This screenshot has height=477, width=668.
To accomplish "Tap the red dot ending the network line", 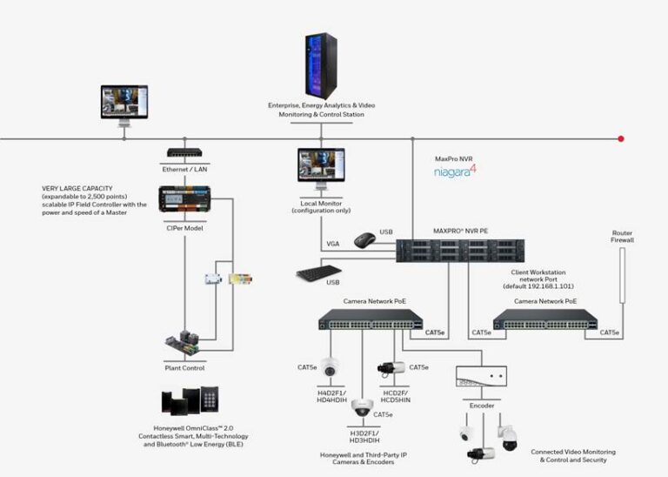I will coord(621,138).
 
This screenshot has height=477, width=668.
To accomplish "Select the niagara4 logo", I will coord(456,172).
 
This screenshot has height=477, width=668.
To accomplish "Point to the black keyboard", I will coord(318,272).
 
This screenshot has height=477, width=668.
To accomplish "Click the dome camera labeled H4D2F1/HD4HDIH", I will coord(330,368).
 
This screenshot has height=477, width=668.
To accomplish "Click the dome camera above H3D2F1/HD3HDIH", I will coord(363,406).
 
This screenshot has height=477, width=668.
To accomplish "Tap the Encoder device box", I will coord(481,375).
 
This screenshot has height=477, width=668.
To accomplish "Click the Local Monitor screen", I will coord(321,165).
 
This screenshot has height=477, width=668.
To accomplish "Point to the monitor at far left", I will coord(124,102).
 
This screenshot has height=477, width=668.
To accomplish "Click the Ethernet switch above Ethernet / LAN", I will coord(184,151).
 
